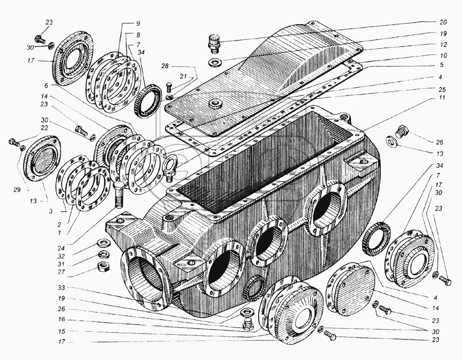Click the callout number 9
[138, 25]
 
